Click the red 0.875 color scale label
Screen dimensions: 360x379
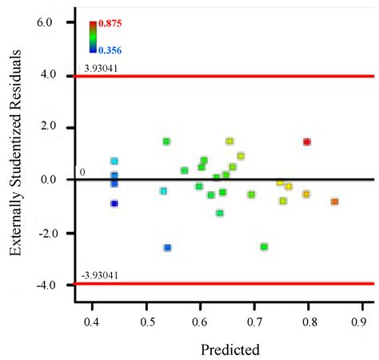[x=110, y=25]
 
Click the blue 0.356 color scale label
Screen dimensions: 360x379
[x=110, y=49]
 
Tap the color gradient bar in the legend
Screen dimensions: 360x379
[x=93, y=37]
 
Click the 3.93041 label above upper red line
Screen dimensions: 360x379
[x=102, y=68]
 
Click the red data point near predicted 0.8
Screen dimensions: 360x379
[x=307, y=142]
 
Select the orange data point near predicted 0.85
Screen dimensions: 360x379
[x=334, y=202]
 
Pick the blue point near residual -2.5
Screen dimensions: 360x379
[x=167, y=248]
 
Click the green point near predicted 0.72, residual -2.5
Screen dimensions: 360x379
[x=264, y=246]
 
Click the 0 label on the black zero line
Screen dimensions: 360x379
[x=82, y=172]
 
